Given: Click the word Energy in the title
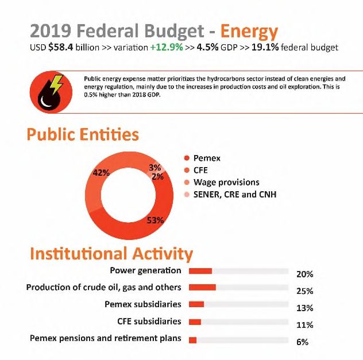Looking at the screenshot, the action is [249, 32].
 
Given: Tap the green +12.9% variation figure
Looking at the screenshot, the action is [167, 47].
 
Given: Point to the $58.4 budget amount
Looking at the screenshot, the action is [61, 47].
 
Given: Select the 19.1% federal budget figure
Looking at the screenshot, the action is [265, 47].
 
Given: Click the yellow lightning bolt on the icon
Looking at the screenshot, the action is [56, 84].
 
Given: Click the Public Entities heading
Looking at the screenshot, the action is [83, 134].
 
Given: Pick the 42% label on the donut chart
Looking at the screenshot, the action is [101, 173].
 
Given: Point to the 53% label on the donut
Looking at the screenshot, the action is [155, 220].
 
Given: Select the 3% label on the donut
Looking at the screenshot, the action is [155, 167].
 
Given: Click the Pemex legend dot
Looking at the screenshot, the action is [187, 158].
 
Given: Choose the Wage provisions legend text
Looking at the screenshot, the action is [226, 183].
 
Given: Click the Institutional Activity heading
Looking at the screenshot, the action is [111, 254].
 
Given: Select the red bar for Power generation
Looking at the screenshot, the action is [200, 271].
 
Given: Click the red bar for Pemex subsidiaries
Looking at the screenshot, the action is [196, 304].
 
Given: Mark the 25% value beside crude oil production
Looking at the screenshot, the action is [305, 291].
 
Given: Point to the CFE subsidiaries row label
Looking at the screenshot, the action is [149, 321].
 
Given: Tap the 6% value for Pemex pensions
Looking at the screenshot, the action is [302, 342].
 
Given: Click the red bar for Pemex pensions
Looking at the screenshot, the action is [192, 340].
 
